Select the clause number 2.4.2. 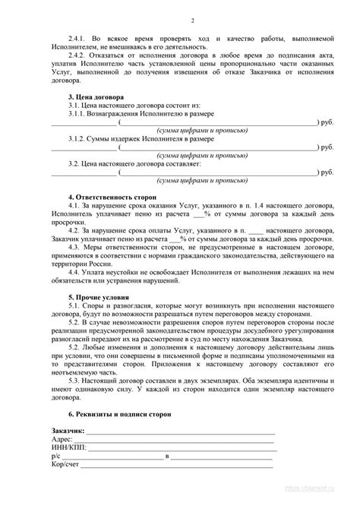[78, 55]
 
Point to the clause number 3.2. [76, 163]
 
